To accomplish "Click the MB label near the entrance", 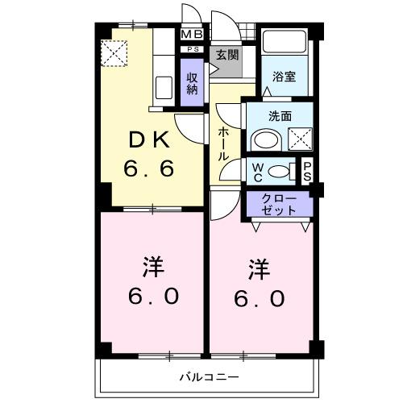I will [x=192, y=35].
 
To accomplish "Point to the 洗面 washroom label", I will [x=280, y=115].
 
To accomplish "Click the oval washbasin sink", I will [x=264, y=140].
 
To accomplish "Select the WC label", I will [x=257, y=172].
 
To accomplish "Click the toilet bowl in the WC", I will [x=280, y=171].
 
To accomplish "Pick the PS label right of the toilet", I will [x=307, y=171].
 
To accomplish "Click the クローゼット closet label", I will [x=279, y=204].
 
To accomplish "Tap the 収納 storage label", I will [x=192, y=83].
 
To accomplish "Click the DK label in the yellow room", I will [x=150, y=141].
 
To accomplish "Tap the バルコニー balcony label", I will [x=209, y=377].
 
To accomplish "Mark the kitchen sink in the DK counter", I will [x=162, y=86].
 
